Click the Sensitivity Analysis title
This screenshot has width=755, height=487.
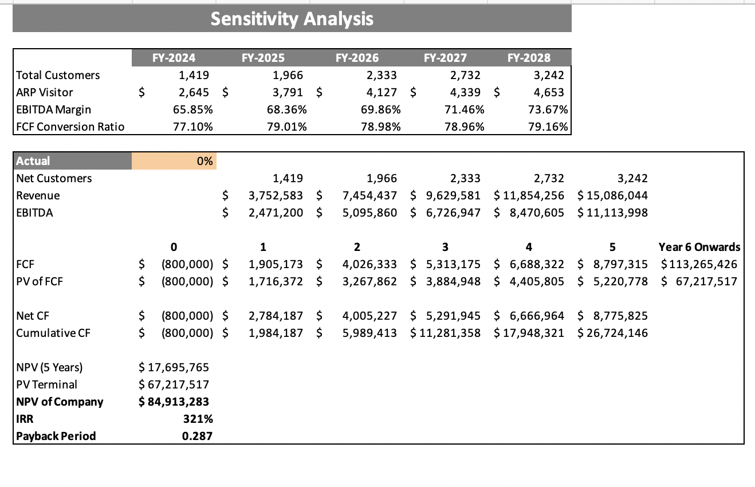[292, 19]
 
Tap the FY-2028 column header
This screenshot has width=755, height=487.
[529, 58]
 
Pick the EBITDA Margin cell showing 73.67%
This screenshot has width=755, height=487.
[548, 109]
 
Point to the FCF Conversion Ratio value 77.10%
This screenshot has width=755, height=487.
[193, 127]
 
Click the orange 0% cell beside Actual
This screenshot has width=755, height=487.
[174, 161]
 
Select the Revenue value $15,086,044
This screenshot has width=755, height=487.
[613, 195]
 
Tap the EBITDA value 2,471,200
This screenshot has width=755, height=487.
[276, 213]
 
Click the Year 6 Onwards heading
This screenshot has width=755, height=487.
[699, 248]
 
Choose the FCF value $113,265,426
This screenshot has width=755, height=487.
[699, 264]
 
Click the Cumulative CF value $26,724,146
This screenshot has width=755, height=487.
[613, 333]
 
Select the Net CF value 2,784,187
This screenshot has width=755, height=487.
[276, 316]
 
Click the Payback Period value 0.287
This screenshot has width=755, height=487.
[197, 436]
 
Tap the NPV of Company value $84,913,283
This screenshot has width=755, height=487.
[175, 402]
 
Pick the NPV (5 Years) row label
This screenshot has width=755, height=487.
[50, 367]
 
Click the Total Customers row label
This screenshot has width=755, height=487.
[58, 75]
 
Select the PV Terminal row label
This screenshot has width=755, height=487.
[46, 384]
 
